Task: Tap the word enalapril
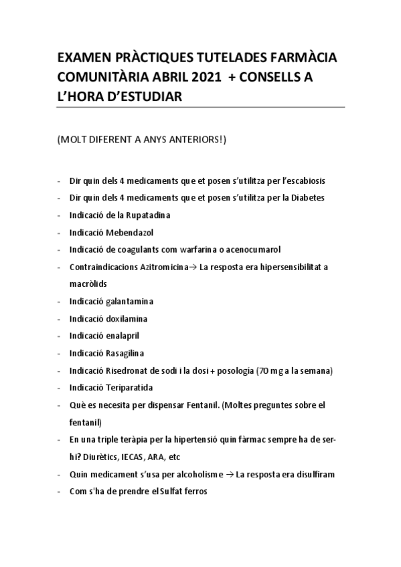tap(123, 336)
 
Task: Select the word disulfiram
tap(314, 474)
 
